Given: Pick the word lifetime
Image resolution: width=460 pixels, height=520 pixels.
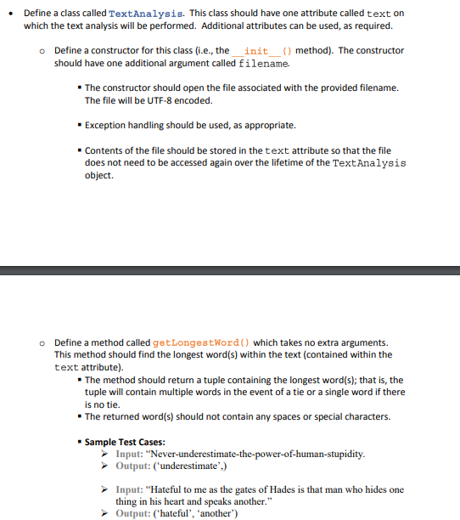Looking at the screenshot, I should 293,163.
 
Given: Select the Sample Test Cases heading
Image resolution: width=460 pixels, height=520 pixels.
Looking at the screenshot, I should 125,442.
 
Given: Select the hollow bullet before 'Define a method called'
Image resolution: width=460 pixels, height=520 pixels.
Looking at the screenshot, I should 42,342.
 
